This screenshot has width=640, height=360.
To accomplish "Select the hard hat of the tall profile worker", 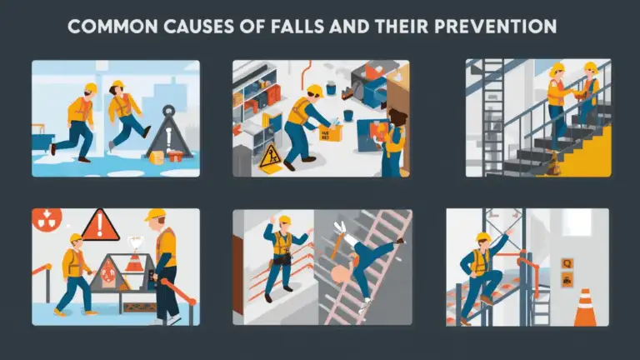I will click(155, 216).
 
